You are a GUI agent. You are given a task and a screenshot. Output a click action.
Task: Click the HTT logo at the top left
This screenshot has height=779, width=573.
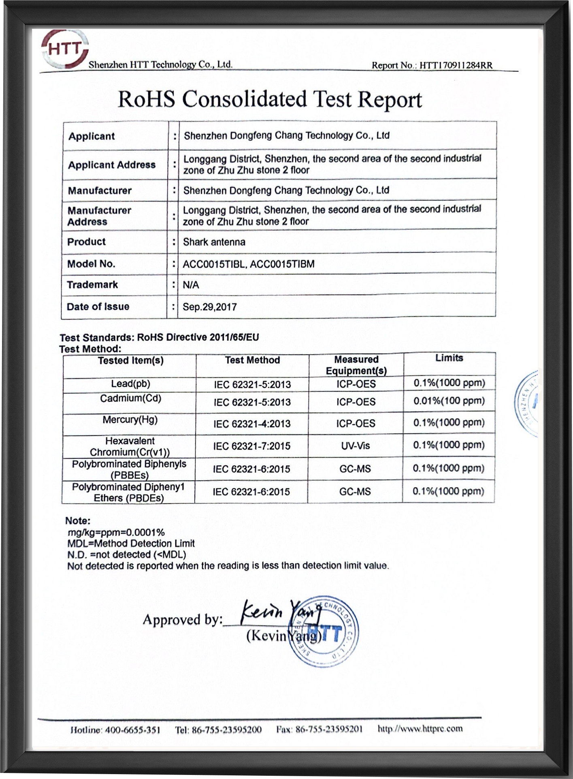[x=65, y=50]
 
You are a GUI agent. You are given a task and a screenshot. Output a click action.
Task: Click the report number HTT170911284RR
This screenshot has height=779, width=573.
[x=456, y=65]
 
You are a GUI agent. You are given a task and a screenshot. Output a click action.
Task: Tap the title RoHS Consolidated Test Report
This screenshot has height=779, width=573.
[x=270, y=100]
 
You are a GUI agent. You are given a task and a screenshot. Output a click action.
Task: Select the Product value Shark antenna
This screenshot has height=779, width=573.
[x=214, y=242]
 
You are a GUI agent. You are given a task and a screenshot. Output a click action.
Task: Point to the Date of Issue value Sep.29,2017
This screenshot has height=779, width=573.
[x=209, y=307]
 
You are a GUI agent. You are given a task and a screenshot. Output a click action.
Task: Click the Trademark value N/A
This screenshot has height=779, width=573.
[x=191, y=285]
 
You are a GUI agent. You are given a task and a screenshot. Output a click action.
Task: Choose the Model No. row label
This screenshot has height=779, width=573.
[x=91, y=264]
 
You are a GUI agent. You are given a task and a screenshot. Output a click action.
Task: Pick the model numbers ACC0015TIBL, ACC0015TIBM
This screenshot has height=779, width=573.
[x=248, y=264]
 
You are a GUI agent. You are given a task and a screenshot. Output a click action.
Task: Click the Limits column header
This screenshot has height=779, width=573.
[x=449, y=358]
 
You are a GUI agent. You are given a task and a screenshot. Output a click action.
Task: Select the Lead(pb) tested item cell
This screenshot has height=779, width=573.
[x=130, y=383]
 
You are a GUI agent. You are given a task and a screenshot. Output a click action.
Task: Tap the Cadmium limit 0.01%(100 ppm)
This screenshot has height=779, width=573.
[x=449, y=401]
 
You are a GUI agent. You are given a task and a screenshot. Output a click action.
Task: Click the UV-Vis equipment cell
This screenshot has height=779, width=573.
[x=356, y=446]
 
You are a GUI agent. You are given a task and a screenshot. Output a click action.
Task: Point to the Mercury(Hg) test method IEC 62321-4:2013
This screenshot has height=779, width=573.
[x=252, y=424]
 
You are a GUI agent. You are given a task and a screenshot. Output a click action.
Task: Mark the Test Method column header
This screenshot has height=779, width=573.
[x=252, y=360]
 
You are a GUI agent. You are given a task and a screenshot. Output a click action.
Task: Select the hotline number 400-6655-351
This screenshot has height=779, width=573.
[x=132, y=730]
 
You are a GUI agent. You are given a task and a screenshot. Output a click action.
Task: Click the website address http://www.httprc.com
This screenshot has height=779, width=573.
[x=420, y=729]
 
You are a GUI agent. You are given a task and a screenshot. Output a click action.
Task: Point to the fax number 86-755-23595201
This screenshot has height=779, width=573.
[x=329, y=730]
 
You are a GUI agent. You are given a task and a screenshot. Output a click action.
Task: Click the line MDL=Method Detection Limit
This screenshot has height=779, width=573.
[x=131, y=544]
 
